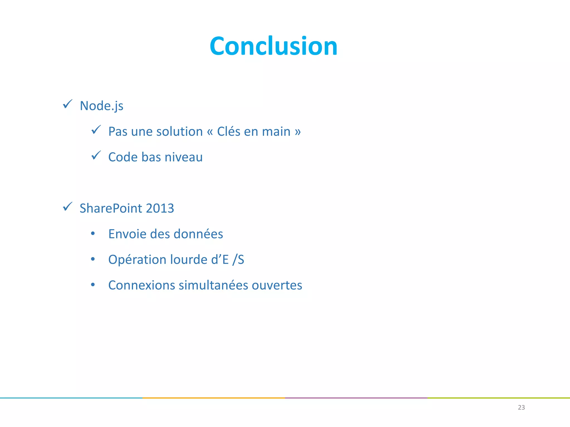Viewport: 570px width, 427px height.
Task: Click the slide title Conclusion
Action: pyautogui.click(x=273, y=46)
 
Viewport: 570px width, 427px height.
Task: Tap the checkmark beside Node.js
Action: pyautogui.click(x=68, y=104)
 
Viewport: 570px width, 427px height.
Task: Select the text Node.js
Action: pyautogui.click(x=102, y=106)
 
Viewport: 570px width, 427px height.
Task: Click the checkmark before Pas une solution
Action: pyautogui.click(x=96, y=130)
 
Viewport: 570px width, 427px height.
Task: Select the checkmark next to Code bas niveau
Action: pyautogui.click(x=96, y=155)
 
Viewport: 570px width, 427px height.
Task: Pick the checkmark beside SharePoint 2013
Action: pyautogui.click(x=68, y=207)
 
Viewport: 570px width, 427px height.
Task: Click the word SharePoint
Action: pyautogui.click(x=111, y=208)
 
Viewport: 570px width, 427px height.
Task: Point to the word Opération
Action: pyautogui.click(x=137, y=260)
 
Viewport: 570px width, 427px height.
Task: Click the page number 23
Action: pyautogui.click(x=521, y=408)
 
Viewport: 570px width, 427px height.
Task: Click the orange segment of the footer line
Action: pyautogui.click(x=214, y=398)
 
